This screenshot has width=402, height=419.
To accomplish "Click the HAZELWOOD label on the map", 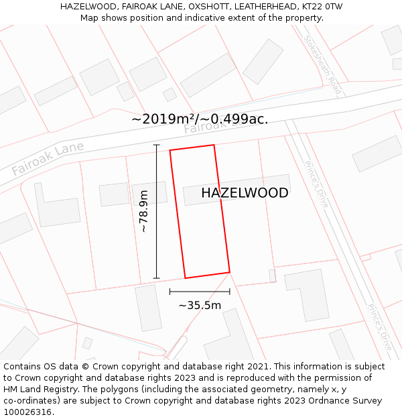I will pos(245,193).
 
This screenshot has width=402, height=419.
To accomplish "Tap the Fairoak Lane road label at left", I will pos(48,158).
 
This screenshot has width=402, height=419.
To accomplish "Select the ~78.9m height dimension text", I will pos(143,211).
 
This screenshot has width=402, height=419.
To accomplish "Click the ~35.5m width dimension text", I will pos(200,306).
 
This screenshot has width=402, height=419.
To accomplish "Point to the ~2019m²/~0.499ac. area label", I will pos(200,119).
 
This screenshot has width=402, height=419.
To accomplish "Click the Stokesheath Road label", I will pos(323,64).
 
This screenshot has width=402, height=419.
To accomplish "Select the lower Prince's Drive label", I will pos(379,326).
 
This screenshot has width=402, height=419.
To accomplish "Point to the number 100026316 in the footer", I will pos(27,412).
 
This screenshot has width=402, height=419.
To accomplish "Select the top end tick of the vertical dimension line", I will pos(157,145).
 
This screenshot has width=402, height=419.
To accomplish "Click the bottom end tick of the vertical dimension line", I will pos(157,278).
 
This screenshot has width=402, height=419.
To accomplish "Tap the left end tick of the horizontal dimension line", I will pos(170,292).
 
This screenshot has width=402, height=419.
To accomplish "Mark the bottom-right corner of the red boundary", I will pos(230,272).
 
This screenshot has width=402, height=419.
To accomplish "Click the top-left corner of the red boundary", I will pos(170,150).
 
